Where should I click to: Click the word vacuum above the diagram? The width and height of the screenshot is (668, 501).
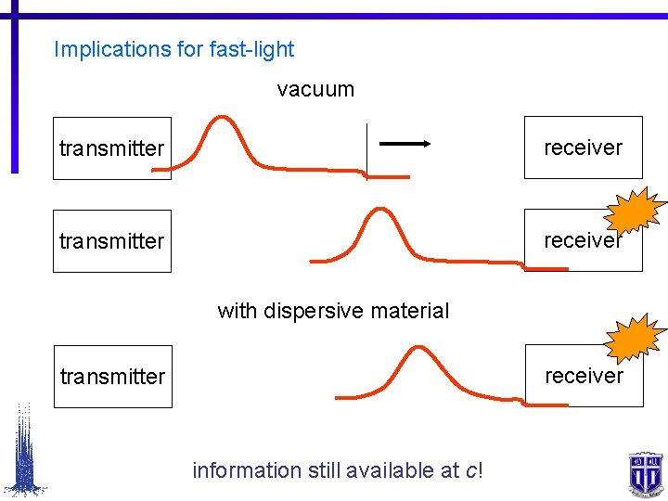(x=315, y=90)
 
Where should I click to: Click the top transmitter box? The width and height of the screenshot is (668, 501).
(x=112, y=148)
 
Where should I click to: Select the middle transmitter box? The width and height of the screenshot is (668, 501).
(x=112, y=241)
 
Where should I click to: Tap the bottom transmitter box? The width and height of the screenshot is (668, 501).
(x=113, y=377)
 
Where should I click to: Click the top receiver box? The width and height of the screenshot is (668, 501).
(x=583, y=148)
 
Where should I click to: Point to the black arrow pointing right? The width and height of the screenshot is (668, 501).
(x=404, y=144)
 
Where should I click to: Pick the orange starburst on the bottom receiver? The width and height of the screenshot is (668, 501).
(x=636, y=340)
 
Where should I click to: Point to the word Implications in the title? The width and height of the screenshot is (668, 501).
(x=111, y=49)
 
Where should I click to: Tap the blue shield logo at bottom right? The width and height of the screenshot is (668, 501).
(x=643, y=473)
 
